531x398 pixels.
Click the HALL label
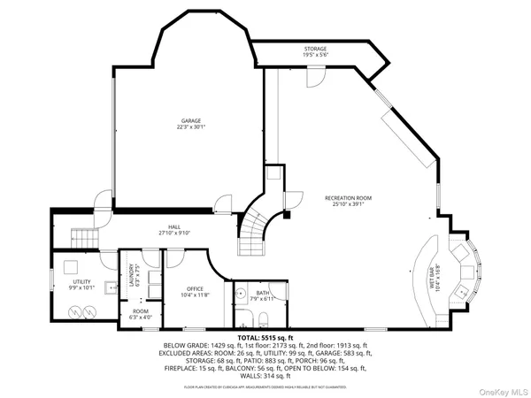174,230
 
